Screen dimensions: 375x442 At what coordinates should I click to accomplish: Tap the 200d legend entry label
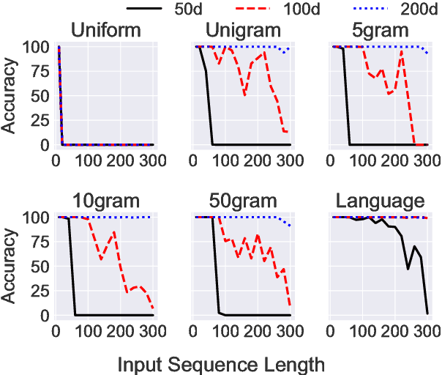point(420,10)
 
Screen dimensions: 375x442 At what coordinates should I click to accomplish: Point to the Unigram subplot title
point(242,31)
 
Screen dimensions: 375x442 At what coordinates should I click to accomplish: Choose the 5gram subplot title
point(382,31)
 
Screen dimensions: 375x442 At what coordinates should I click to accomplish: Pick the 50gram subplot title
point(242,201)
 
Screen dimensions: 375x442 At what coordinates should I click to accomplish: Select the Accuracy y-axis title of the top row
point(10,96)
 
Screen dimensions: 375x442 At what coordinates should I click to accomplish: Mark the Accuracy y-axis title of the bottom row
point(10,267)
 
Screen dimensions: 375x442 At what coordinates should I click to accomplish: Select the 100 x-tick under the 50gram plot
point(225,330)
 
